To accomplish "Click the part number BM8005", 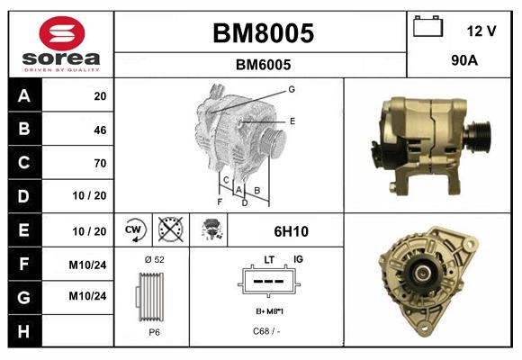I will click(x=263, y=34).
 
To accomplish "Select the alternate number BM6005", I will click(x=263, y=65).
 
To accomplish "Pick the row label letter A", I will click(x=23, y=96).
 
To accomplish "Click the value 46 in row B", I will click(x=99, y=130).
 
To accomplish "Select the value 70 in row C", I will click(x=99, y=163).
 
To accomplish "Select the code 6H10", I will click(x=292, y=230).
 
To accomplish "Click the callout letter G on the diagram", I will click(x=292, y=89).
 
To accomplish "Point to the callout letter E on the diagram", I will click(x=292, y=120).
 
